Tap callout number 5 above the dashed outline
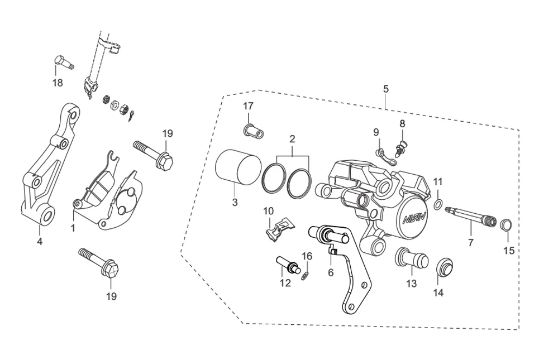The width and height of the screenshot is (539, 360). pyautogui.click(x=386, y=89)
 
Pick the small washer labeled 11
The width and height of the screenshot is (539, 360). pyautogui.click(x=438, y=202)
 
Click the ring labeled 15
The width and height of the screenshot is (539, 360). pyautogui.click(x=506, y=225)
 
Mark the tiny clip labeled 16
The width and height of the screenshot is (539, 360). pyautogui.click(x=305, y=275)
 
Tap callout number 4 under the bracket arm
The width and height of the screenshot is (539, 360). pyautogui.click(x=39, y=242)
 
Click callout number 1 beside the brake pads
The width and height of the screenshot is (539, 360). pyautogui.click(x=73, y=228)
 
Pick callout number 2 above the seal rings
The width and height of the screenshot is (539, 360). pyautogui.click(x=292, y=138)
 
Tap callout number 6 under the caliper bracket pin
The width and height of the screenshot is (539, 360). pyautogui.click(x=331, y=272)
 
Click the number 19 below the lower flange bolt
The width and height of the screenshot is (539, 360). pyautogui.click(x=112, y=296)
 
